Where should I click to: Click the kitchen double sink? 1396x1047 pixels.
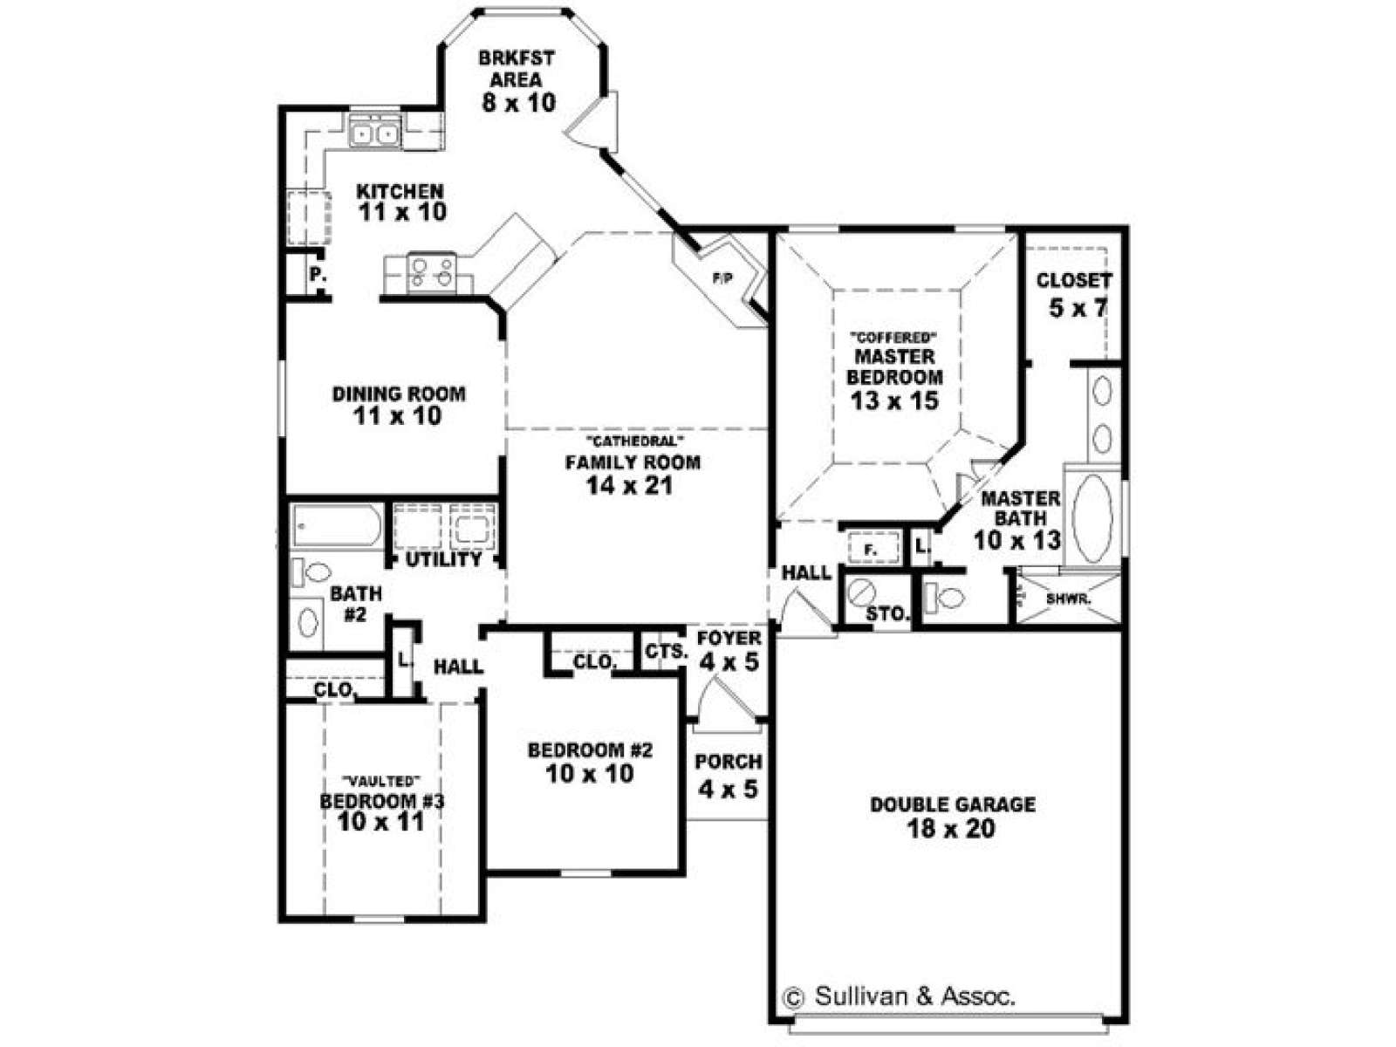click(374, 133)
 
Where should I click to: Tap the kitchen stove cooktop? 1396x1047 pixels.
click(431, 272)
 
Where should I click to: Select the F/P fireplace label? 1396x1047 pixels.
click(722, 277)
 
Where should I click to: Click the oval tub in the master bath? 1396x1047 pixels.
click(1091, 517)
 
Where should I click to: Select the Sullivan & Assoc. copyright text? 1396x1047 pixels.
click(898, 996)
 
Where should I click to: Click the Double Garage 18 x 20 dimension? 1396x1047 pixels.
click(951, 829)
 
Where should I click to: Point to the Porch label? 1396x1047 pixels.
click(729, 762)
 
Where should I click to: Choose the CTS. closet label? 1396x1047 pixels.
click(667, 652)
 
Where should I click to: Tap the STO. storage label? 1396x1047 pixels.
click(888, 614)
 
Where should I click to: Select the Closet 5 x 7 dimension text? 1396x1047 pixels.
click(1078, 308)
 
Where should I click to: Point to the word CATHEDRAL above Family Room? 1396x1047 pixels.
click(633, 441)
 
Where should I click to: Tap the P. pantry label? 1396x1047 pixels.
click(318, 275)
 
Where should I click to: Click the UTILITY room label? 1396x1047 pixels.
click(444, 559)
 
